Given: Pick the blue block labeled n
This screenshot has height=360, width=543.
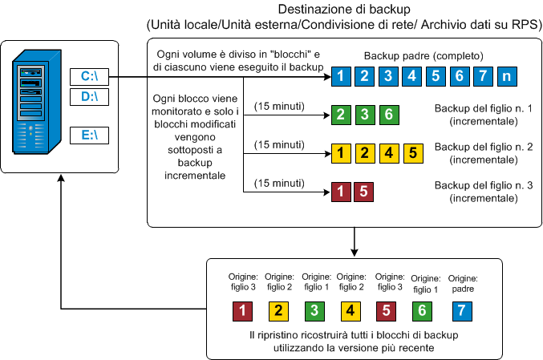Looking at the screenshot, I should point(506,77).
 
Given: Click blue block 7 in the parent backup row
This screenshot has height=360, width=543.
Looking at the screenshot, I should point(482,77).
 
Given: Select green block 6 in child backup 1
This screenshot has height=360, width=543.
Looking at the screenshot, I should point(387,114).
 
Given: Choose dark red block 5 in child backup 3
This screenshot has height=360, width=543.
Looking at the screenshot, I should point(363,191).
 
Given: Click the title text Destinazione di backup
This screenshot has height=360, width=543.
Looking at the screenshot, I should point(343,10).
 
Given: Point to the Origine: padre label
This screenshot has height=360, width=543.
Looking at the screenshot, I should point(460,282).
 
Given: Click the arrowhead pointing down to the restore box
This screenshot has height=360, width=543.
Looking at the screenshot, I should point(354,251).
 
